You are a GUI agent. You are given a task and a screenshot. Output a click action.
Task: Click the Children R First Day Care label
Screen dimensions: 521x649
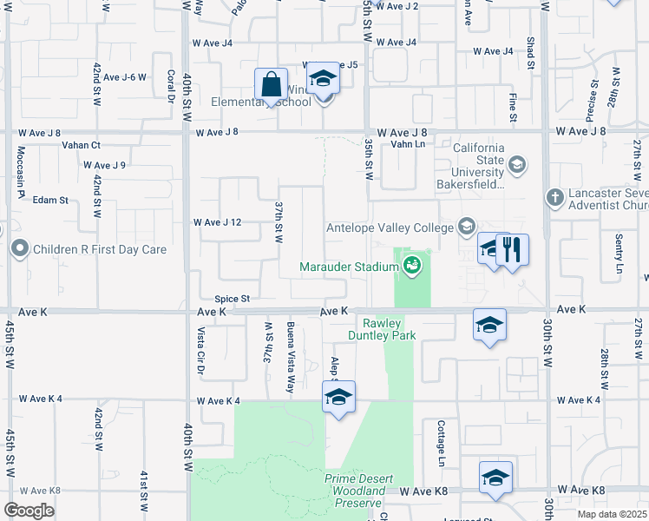(x=99, y=249)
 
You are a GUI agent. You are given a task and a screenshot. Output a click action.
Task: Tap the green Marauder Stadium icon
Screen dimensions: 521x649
(x=413, y=267)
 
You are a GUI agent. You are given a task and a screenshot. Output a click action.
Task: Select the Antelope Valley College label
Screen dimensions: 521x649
(x=390, y=228)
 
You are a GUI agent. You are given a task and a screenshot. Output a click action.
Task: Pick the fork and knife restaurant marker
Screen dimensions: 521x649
(x=513, y=251)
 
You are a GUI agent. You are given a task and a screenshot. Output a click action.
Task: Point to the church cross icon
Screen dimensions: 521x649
(x=554, y=198)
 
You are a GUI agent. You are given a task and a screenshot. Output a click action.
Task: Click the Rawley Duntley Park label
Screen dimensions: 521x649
(x=382, y=329)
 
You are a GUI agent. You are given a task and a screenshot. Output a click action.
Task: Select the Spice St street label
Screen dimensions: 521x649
(x=233, y=298)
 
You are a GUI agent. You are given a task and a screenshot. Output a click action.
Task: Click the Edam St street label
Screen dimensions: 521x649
(x=50, y=200)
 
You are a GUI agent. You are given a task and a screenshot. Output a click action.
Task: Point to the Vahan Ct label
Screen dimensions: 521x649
(x=81, y=145)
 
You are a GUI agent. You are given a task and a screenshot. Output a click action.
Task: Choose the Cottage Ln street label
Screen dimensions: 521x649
(x=441, y=440)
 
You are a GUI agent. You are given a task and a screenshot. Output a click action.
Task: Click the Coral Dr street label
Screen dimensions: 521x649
(x=171, y=85)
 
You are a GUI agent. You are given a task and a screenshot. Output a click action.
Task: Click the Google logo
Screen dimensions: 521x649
(x=29, y=510)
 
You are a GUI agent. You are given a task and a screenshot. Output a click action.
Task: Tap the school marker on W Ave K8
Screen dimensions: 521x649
(x=495, y=478)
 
